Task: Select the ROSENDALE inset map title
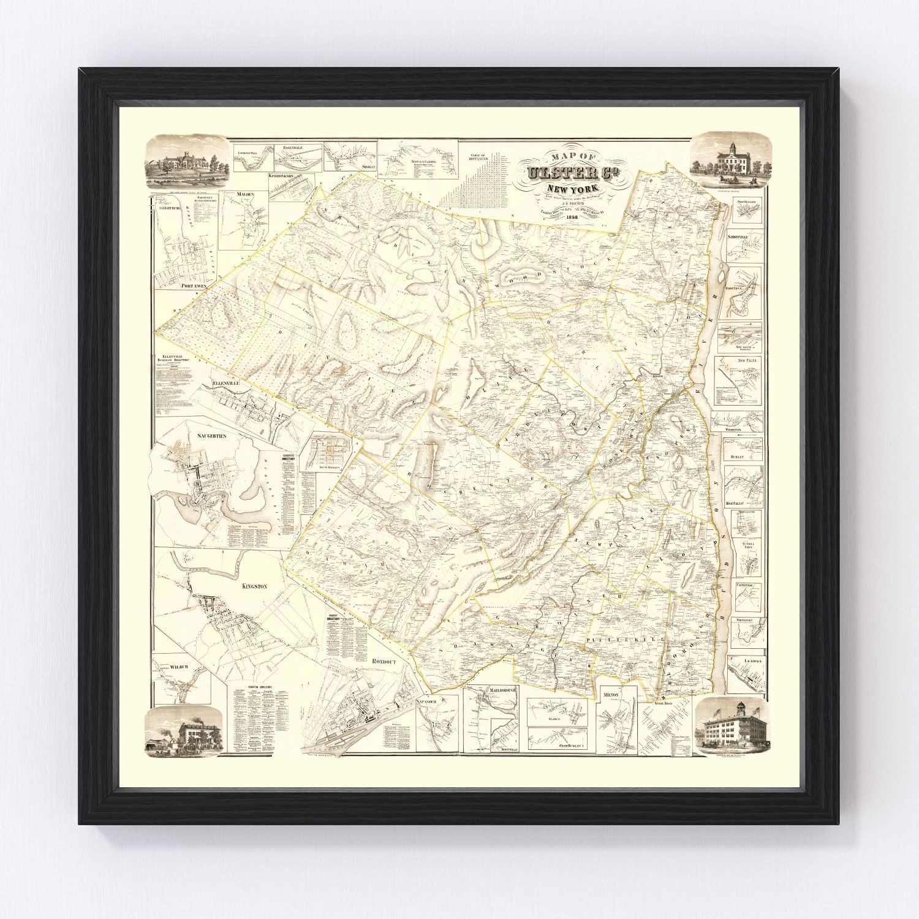pyautogui.click(x=295, y=148)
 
